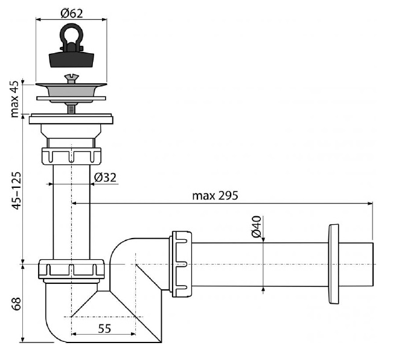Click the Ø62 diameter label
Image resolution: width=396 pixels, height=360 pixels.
coord(72,13)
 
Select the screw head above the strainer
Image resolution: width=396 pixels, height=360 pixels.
coord(71,78)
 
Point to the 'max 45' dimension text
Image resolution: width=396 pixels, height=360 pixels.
coord(14,99)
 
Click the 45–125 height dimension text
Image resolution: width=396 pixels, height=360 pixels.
coord(17,191)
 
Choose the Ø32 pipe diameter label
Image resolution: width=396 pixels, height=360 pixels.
coord(105,178)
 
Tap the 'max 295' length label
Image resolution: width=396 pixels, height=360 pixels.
coord(215,196)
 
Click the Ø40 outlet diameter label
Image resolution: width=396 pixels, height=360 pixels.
coord(257,227)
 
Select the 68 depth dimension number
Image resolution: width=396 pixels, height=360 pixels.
coord(17,304)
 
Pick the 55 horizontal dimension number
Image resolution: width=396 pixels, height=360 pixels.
coord(104,329)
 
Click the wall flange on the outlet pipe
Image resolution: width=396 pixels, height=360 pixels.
coord(333,264)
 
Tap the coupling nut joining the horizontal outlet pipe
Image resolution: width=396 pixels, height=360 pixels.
coord(180,264)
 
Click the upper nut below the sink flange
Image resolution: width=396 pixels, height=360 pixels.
coord(71,156)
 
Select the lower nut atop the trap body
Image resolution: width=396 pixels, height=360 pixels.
coord(71,269)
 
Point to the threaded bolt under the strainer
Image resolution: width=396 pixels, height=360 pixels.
coord(71,109)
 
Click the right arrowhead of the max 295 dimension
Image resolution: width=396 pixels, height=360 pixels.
coord(370,204)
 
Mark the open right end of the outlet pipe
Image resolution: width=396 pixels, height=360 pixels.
coord(373,265)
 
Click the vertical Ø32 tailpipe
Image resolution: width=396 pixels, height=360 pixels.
coord(71,211)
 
